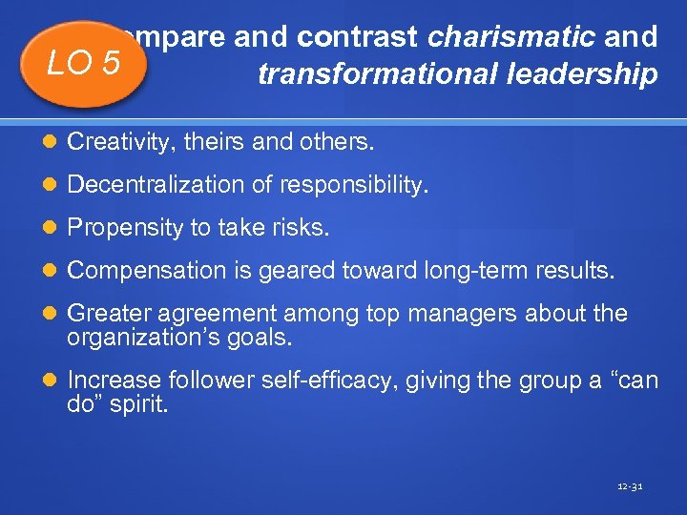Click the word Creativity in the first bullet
[110, 143]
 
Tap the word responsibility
[362, 185]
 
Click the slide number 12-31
[630, 486]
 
